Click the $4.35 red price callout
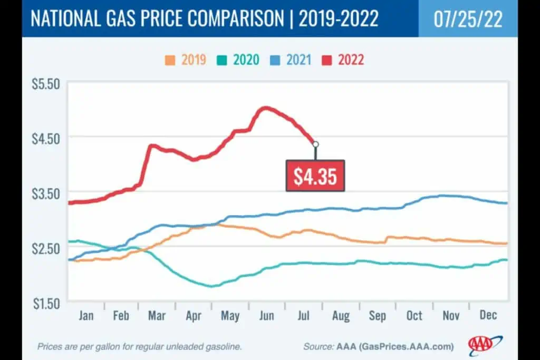[x=315, y=176]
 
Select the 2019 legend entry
[x=186, y=60]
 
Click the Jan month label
[x=86, y=316]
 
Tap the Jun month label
[x=267, y=316]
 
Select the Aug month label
[x=341, y=316]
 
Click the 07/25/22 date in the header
[x=468, y=18]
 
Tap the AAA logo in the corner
[x=485, y=345]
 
